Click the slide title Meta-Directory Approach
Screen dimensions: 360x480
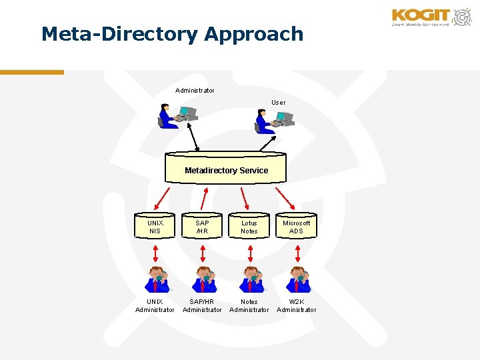click(172, 34)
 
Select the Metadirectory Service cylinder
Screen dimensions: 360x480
click(226, 169)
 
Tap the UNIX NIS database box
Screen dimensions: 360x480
click(155, 227)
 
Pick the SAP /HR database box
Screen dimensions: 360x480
click(202, 227)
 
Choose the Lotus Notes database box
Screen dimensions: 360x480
click(249, 227)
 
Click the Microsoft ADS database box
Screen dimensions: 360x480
click(296, 227)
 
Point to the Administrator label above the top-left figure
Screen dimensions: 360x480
click(195, 91)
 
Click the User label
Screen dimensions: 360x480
click(278, 103)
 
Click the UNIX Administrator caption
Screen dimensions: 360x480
click(155, 305)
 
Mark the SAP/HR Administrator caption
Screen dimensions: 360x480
click(202, 305)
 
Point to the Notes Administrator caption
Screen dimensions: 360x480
click(249, 305)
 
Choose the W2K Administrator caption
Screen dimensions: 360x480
click(296, 305)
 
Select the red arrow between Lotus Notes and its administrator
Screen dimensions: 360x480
click(250, 253)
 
